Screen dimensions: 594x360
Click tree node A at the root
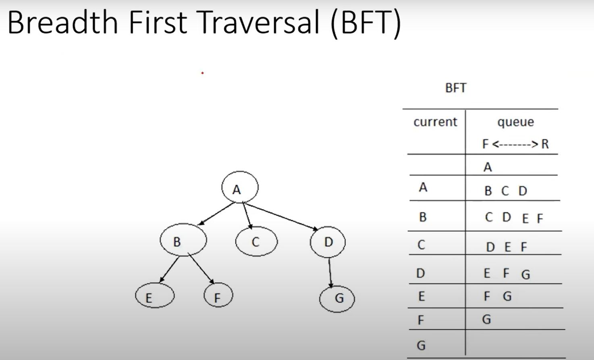click(240, 187)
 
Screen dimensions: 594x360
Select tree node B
click(183, 240)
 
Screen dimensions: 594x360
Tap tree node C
click(256, 241)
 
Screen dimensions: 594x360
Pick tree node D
click(328, 242)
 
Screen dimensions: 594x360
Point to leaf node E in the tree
click(155, 295)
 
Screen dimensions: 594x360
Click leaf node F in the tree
click(218, 295)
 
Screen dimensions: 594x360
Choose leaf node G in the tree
click(337, 299)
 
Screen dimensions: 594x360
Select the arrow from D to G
click(330, 273)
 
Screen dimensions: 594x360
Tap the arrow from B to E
click(169, 270)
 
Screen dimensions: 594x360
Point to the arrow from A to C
click(247, 215)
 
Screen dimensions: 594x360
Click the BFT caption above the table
click(456, 88)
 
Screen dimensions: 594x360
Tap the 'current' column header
click(435, 122)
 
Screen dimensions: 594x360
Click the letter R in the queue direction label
click(545, 144)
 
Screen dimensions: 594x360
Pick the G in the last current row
click(422, 345)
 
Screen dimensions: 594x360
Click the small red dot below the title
click(202, 73)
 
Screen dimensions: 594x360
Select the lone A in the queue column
click(488, 167)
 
